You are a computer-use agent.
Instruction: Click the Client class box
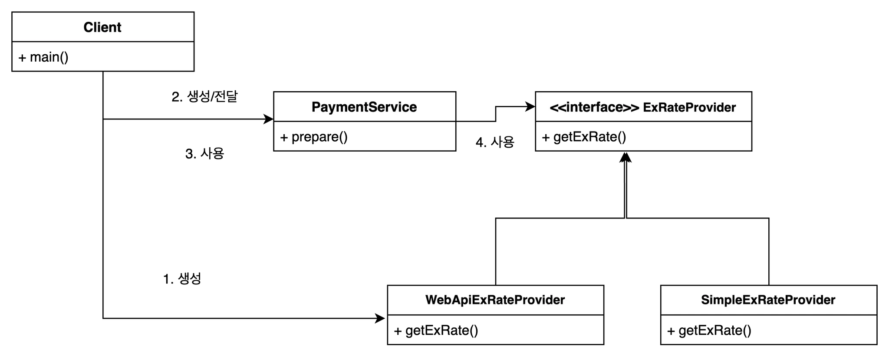point(102,27)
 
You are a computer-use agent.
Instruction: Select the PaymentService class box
point(365,106)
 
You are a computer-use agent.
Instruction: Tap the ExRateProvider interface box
point(643,106)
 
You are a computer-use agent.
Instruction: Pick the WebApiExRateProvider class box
point(495,300)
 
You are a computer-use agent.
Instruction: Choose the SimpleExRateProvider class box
point(768,300)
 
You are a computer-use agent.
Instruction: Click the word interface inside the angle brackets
point(595,107)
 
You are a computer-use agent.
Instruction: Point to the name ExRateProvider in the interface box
point(689,107)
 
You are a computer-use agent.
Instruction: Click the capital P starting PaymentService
point(316,107)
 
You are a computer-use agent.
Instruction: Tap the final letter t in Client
point(119,27)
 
